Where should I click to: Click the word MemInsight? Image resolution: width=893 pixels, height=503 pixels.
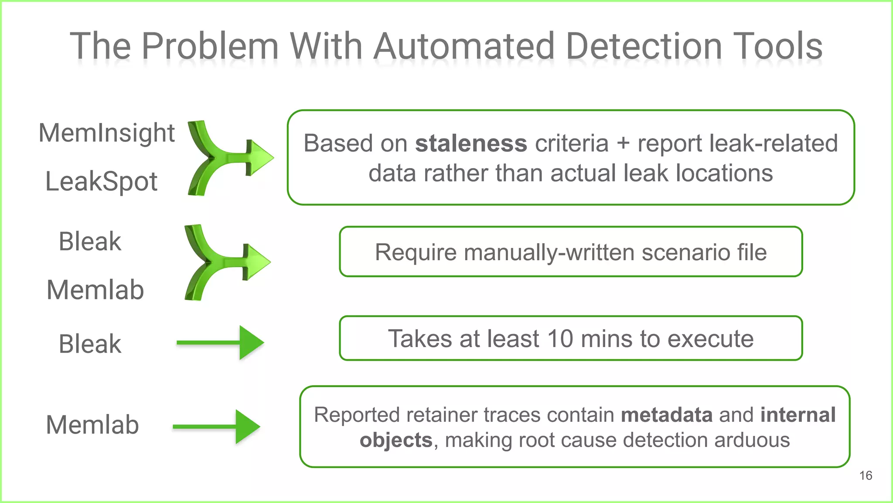(x=106, y=133)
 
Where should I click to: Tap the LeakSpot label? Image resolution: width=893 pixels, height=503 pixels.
(x=101, y=182)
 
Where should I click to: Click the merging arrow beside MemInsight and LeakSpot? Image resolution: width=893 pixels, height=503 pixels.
(x=227, y=158)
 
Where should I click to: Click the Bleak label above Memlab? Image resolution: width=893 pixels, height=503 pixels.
(x=90, y=241)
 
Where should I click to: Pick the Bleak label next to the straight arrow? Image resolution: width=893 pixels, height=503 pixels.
(x=90, y=344)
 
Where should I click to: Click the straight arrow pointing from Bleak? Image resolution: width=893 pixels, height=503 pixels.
(x=220, y=343)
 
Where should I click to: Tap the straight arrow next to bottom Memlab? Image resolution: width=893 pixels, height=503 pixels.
(x=217, y=427)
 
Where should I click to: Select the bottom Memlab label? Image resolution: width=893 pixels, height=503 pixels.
(x=92, y=425)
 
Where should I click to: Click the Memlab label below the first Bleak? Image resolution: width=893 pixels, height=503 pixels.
(x=95, y=290)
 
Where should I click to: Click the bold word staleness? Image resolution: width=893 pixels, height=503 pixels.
(x=471, y=144)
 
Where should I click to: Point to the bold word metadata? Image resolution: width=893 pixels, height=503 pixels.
(x=667, y=415)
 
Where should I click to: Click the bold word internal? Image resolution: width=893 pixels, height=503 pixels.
(x=798, y=415)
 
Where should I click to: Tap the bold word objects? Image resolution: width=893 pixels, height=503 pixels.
(x=395, y=440)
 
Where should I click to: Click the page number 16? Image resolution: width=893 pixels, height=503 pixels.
(x=866, y=475)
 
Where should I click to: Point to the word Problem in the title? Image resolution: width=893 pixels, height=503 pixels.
(x=210, y=47)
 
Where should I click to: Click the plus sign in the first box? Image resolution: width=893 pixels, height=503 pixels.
(x=623, y=144)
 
